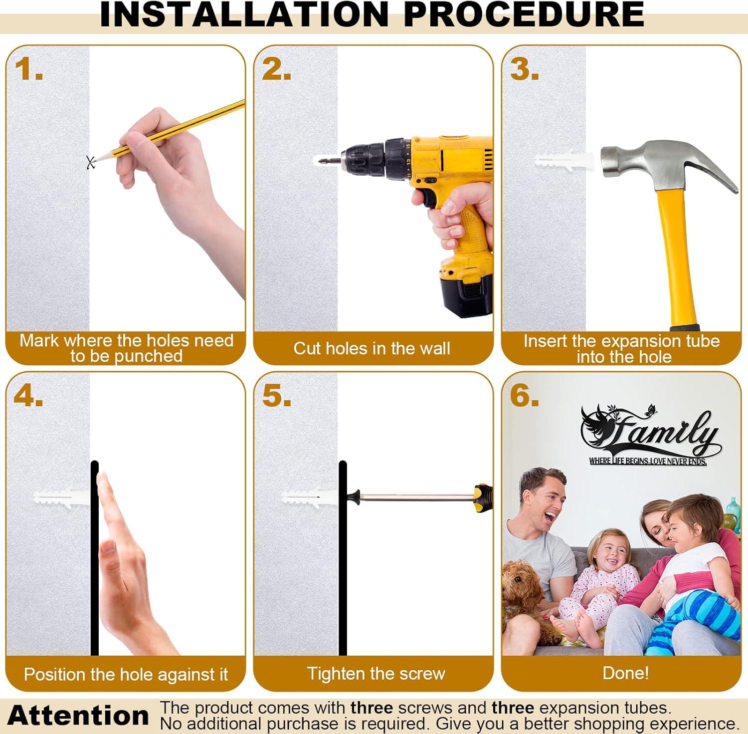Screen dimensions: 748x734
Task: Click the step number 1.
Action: coord(28,69)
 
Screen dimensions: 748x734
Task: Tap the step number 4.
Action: coord(28,396)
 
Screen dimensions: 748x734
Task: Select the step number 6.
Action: coord(524,396)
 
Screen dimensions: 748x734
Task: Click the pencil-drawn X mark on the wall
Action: coord(90,162)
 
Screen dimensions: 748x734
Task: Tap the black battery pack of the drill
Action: coord(466,294)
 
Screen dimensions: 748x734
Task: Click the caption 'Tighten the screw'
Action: coord(376,674)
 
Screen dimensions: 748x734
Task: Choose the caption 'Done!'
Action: coord(625,673)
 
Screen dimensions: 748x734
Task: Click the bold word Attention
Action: coord(78,716)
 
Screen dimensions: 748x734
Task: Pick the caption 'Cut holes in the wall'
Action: coord(372,348)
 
